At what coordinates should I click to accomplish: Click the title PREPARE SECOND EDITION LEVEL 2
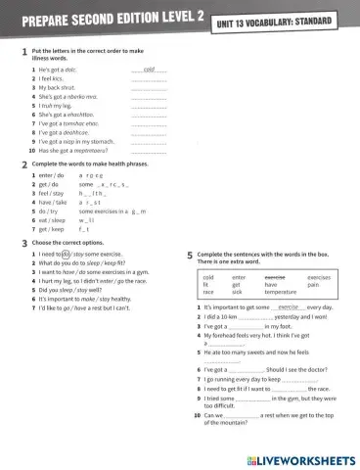pos(102,19)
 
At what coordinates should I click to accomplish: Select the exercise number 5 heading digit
pos(189,257)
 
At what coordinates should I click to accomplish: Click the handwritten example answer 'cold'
pos(149,71)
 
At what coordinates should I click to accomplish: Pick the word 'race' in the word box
pos(208,292)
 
